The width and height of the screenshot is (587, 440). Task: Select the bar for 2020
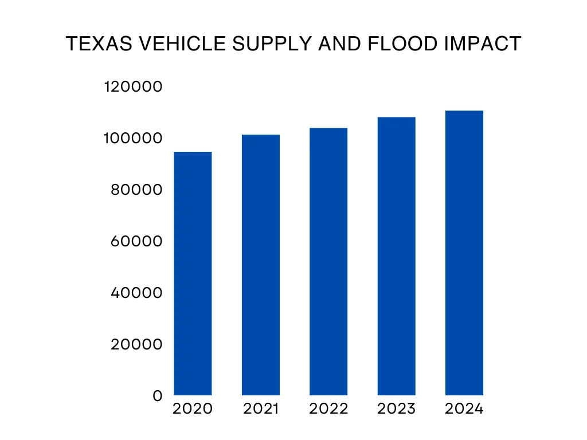click(x=193, y=273)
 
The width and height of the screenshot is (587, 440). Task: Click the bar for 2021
click(x=261, y=265)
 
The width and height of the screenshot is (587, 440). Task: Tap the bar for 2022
click(x=328, y=261)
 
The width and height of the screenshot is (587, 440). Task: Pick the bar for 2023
click(x=396, y=256)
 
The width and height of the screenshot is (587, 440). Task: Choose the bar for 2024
click(x=464, y=253)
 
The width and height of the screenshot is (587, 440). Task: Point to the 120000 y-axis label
click(x=134, y=87)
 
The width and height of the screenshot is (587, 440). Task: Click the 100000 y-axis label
click(x=134, y=138)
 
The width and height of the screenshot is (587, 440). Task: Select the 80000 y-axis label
click(x=136, y=190)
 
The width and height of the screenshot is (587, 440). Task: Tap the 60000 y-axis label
click(x=136, y=241)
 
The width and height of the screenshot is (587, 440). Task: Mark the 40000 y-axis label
click(x=136, y=293)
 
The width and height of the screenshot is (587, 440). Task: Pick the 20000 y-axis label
click(x=136, y=344)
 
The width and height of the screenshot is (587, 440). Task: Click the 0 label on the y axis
click(x=158, y=396)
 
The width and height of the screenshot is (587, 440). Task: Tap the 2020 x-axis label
click(x=193, y=409)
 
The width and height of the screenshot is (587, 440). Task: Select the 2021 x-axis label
click(x=261, y=409)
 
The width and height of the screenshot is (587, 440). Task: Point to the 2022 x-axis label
click(x=328, y=409)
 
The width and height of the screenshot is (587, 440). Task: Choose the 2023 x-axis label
click(x=396, y=409)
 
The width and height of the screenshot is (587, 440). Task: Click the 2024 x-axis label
click(x=464, y=409)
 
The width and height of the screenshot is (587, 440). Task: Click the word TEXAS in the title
click(x=94, y=44)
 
